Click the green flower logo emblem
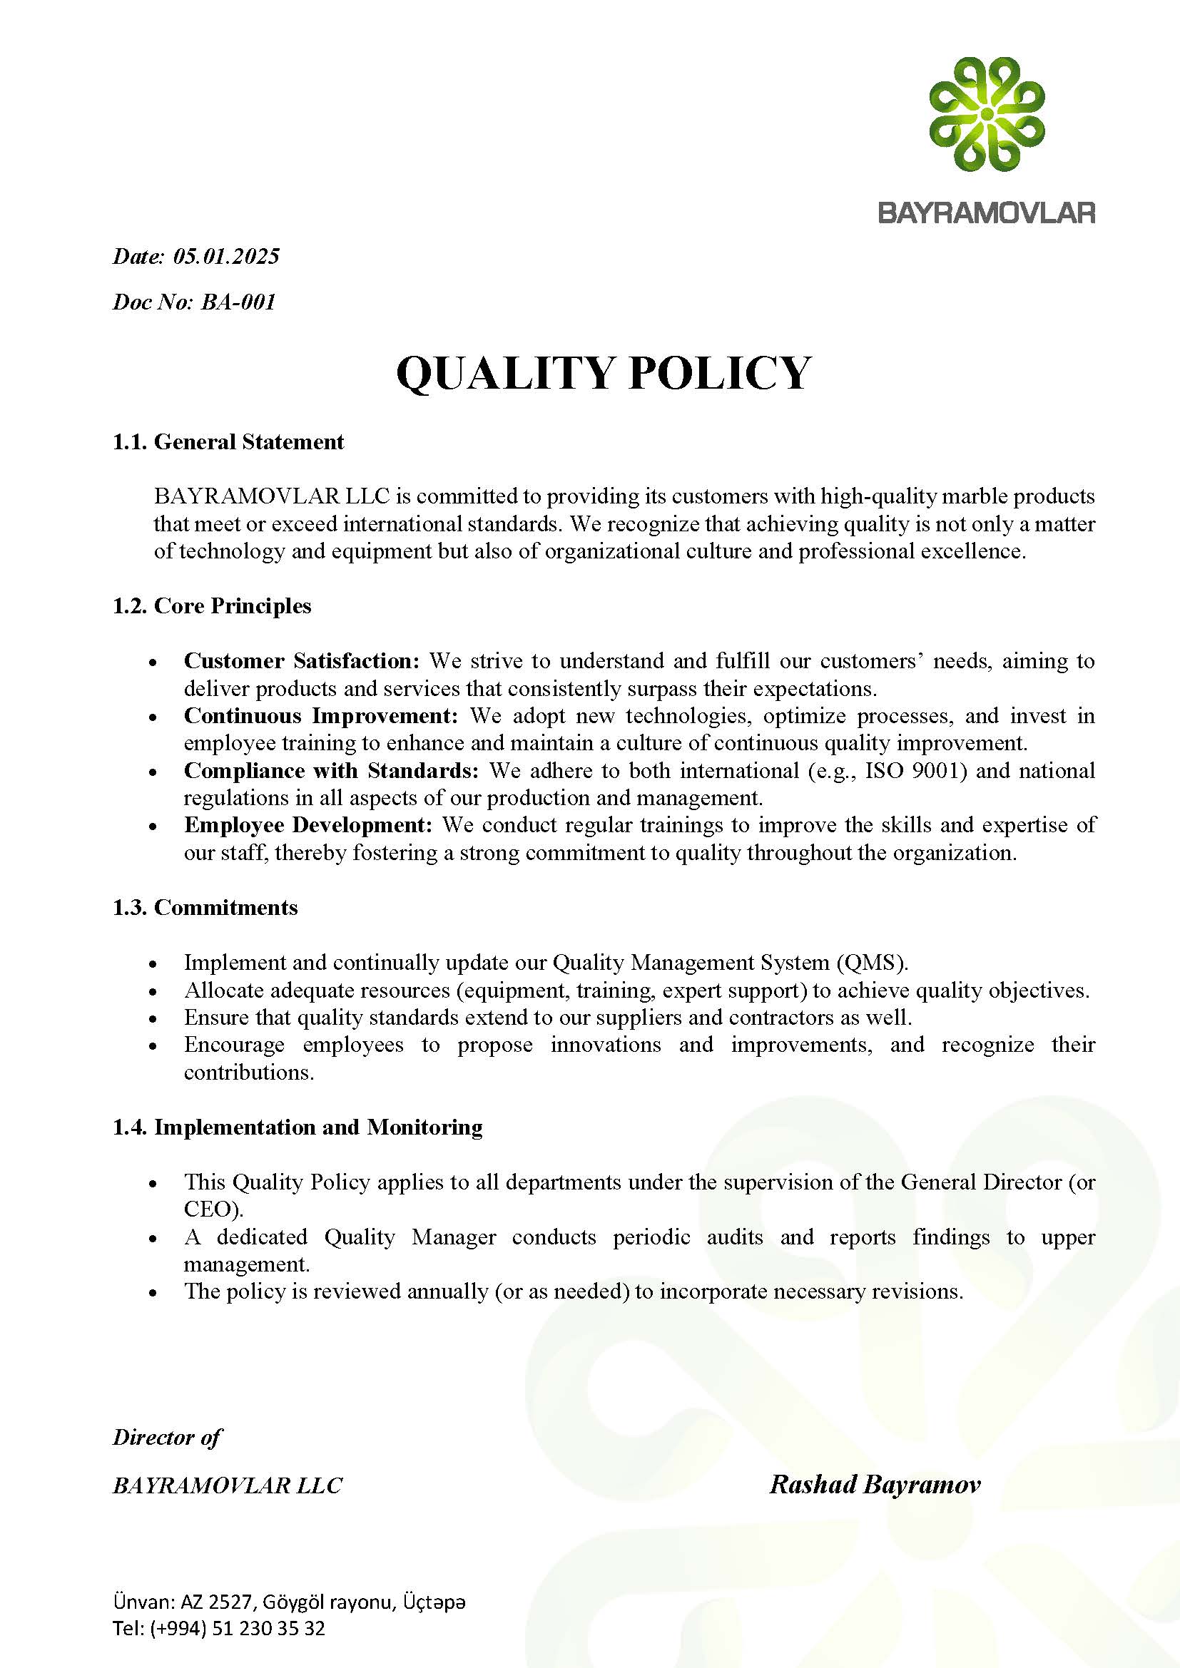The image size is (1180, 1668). tap(987, 115)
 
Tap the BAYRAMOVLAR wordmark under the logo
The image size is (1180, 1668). tap(986, 213)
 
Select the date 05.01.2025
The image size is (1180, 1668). tap(226, 257)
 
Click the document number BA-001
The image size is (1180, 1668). tap(238, 302)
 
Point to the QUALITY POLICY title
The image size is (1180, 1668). tap(603, 374)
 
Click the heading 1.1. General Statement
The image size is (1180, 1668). tap(228, 441)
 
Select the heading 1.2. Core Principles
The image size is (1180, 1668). tap(211, 606)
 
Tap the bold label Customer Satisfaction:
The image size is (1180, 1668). tap(302, 660)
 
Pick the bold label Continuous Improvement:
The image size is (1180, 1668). tap(320, 715)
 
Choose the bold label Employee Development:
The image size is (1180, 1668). tap(308, 825)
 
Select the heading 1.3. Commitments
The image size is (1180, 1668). tap(205, 907)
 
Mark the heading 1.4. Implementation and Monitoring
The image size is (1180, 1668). tap(297, 1127)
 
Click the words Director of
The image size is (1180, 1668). tap(167, 1437)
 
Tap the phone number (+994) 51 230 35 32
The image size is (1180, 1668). tap(238, 1628)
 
